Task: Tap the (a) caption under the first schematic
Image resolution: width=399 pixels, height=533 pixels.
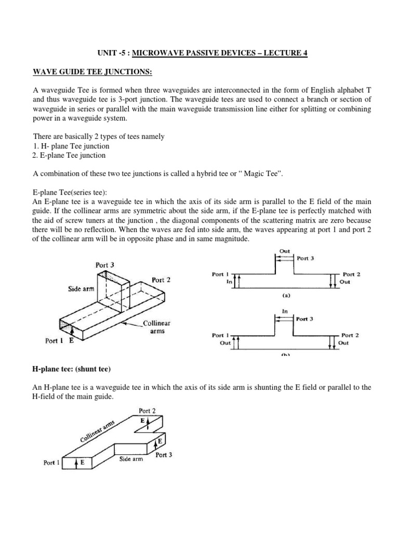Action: [x=285, y=295]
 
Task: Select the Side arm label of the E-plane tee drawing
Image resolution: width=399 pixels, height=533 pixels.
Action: [x=81, y=289]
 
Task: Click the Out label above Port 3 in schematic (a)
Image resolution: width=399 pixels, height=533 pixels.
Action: [x=285, y=251]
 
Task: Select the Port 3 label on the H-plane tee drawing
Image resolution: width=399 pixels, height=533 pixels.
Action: [x=164, y=454]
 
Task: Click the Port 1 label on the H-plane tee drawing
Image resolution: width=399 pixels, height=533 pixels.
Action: [x=52, y=462]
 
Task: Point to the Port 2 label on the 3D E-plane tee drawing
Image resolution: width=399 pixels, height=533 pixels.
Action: [x=161, y=280]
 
